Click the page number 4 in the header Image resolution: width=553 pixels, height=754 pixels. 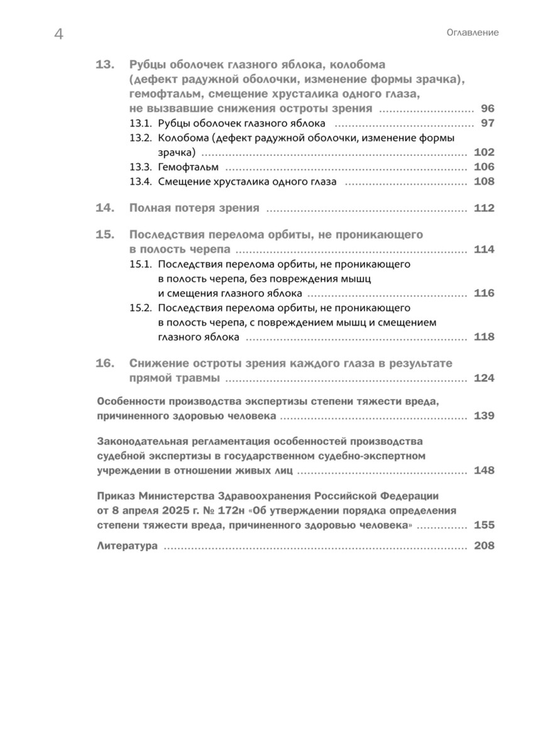[58, 35]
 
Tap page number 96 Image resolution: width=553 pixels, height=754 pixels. [488, 108]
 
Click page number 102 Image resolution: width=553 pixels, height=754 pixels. [485, 153]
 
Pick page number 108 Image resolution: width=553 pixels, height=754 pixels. [485, 182]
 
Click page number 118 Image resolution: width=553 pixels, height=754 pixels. [485, 337]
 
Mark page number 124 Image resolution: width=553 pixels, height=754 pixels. [485, 378]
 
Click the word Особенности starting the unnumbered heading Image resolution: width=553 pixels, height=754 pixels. [132, 402]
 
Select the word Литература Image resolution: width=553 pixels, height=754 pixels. [128, 546]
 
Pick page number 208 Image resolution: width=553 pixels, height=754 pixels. [485, 546]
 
